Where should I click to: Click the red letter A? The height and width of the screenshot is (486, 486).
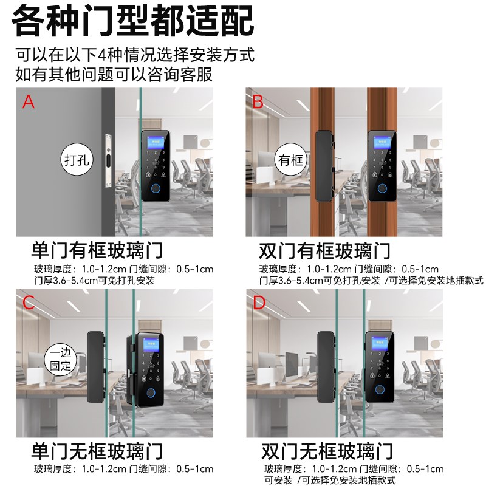[29, 101]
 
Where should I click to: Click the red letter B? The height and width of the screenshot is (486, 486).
[258, 101]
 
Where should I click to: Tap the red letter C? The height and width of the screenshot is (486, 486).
[29, 303]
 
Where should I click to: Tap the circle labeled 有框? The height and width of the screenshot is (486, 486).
[290, 160]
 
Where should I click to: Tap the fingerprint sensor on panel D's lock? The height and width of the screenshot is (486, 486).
[380, 392]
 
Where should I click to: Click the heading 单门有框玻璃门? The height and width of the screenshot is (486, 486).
[97, 250]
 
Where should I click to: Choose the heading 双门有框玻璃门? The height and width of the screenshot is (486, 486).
[324, 250]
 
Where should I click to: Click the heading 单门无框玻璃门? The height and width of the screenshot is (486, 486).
[97, 451]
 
